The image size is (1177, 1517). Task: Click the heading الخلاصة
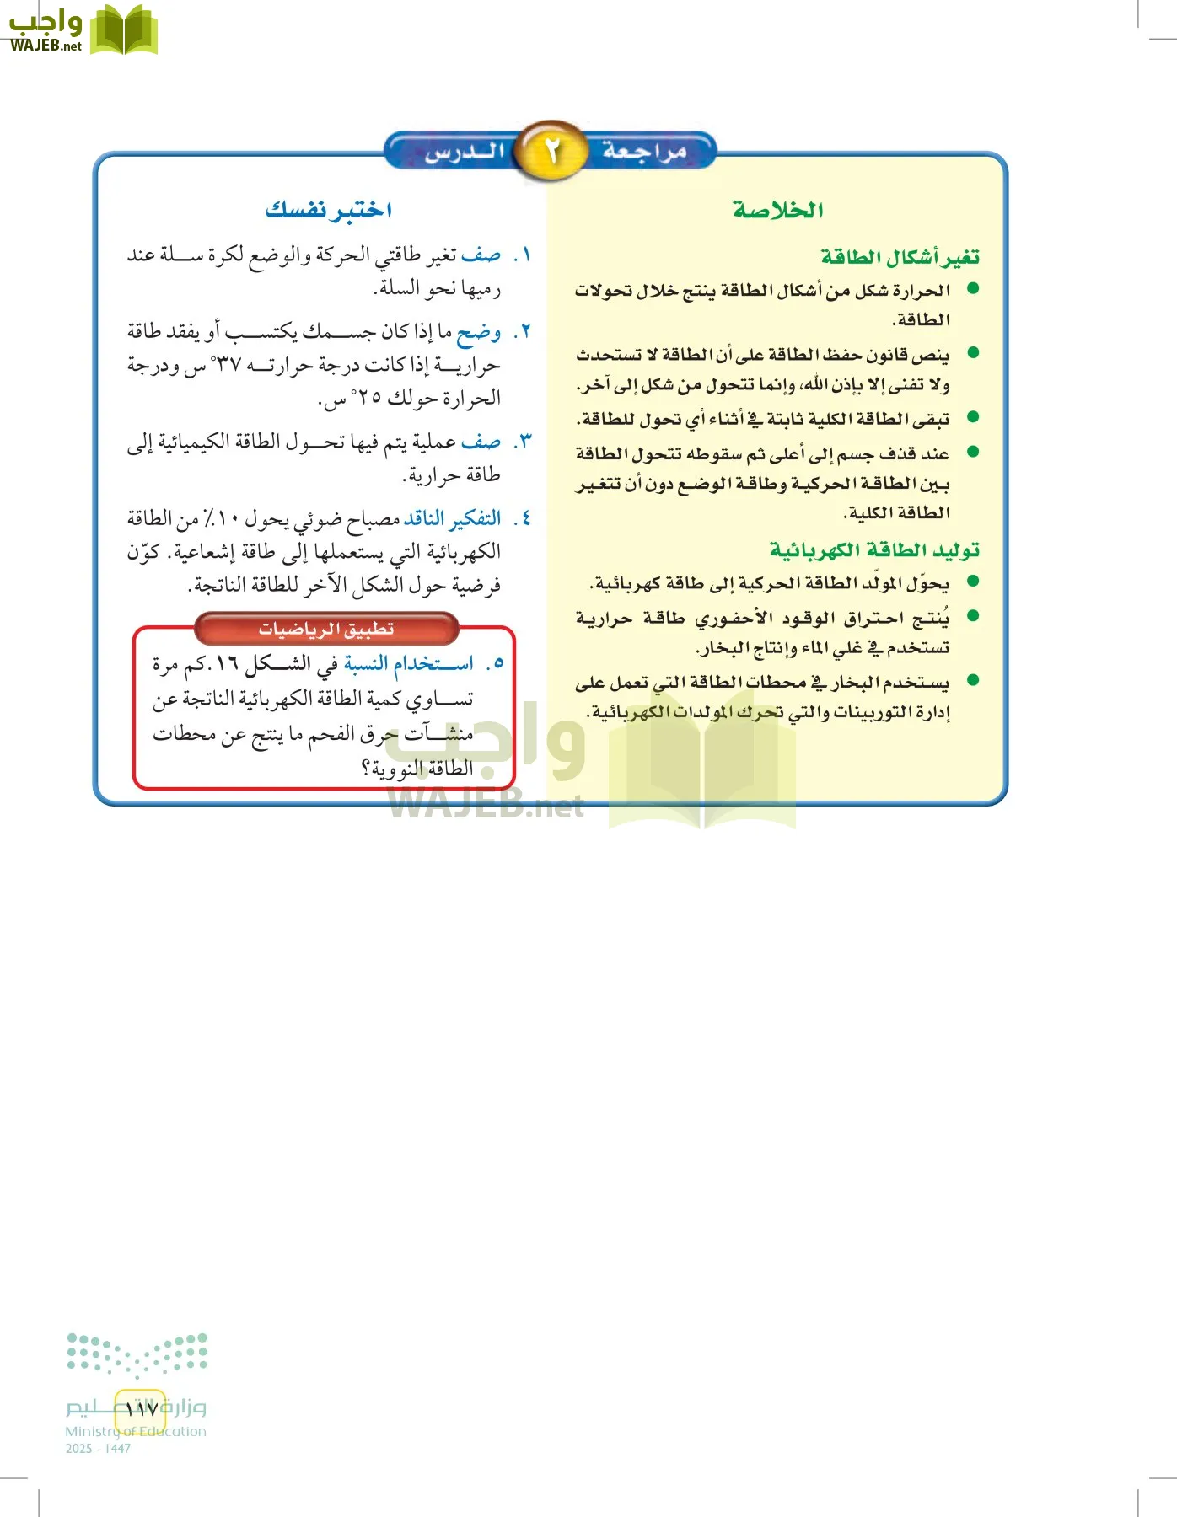pyautogui.click(x=777, y=210)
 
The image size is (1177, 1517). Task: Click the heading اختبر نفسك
pyautogui.click(x=329, y=210)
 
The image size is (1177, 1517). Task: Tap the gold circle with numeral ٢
pyautogui.click(x=551, y=152)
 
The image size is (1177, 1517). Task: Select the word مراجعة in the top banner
pyautogui.click(x=645, y=152)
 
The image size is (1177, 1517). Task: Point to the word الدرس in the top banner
pyautogui.click(x=465, y=153)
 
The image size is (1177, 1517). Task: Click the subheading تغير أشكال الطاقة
pyautogui.click(x=900, y=256)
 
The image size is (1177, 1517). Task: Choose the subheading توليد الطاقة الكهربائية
pyautogui.click(x=874, y=549)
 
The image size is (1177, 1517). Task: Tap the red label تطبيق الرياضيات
pyautogui.click(x=326, y=629)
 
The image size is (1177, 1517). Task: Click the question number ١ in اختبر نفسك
pyautogui.click(x=524, y=255)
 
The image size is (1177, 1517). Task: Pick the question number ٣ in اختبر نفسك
pyautogui.click(x=524, y=442)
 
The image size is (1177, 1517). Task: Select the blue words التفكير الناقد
pyautogui.click(x=452, y=517)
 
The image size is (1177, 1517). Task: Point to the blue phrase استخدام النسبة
pyautogui.click(x=409, y=664)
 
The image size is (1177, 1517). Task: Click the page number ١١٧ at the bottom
pyautogui.click(x=141, y=1408)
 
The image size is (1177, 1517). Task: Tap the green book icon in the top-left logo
pyautogui.click(x=123, y=30)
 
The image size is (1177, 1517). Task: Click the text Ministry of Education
pyautogui.click(x=136, y=1431)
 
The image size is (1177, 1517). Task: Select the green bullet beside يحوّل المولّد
pyautogui.click(x=973, y=581)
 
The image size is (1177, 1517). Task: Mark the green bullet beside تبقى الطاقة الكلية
pyautogui.click(x=973, y=416)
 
